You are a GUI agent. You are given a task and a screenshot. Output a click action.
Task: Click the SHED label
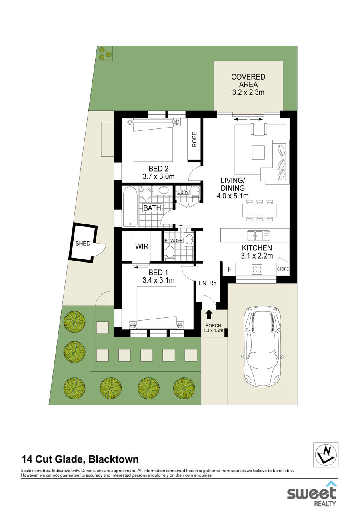click(x=83, y=243)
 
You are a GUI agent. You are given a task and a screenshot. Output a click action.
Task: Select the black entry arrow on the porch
click(x=209, y=315)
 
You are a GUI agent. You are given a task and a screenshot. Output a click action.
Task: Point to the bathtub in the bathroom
click(x=130, y=207)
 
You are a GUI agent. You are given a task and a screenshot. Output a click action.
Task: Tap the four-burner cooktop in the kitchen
click(x=257, y=269)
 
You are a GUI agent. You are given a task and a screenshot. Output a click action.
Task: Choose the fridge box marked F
click(x=229, y=269)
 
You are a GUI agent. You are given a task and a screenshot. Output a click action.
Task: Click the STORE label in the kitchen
click(x=283, y=269)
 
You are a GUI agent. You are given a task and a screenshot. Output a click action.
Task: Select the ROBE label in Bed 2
click(x=194, y=140)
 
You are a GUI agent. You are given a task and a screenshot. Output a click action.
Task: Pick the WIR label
click(x=142, y=246)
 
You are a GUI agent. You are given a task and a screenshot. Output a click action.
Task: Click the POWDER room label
click(x=174, y=240)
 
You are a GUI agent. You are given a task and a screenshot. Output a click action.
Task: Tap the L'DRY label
click(x=183, y=192)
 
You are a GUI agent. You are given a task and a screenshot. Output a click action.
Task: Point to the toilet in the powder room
click(x=170, y=253)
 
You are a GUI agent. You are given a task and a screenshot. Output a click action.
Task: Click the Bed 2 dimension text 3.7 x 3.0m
click(x=158, y=176)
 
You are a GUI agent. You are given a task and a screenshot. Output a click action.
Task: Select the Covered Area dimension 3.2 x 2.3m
click(x=248, y=92)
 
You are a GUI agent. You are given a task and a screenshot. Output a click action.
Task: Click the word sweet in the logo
click(x=311, y=493)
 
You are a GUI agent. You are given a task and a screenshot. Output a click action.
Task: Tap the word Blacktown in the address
click(x=114, y=459)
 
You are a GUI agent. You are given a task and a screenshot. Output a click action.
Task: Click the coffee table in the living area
click(x=258, y=152)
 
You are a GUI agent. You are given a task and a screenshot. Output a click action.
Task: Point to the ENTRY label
click(x=208, y=283)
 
